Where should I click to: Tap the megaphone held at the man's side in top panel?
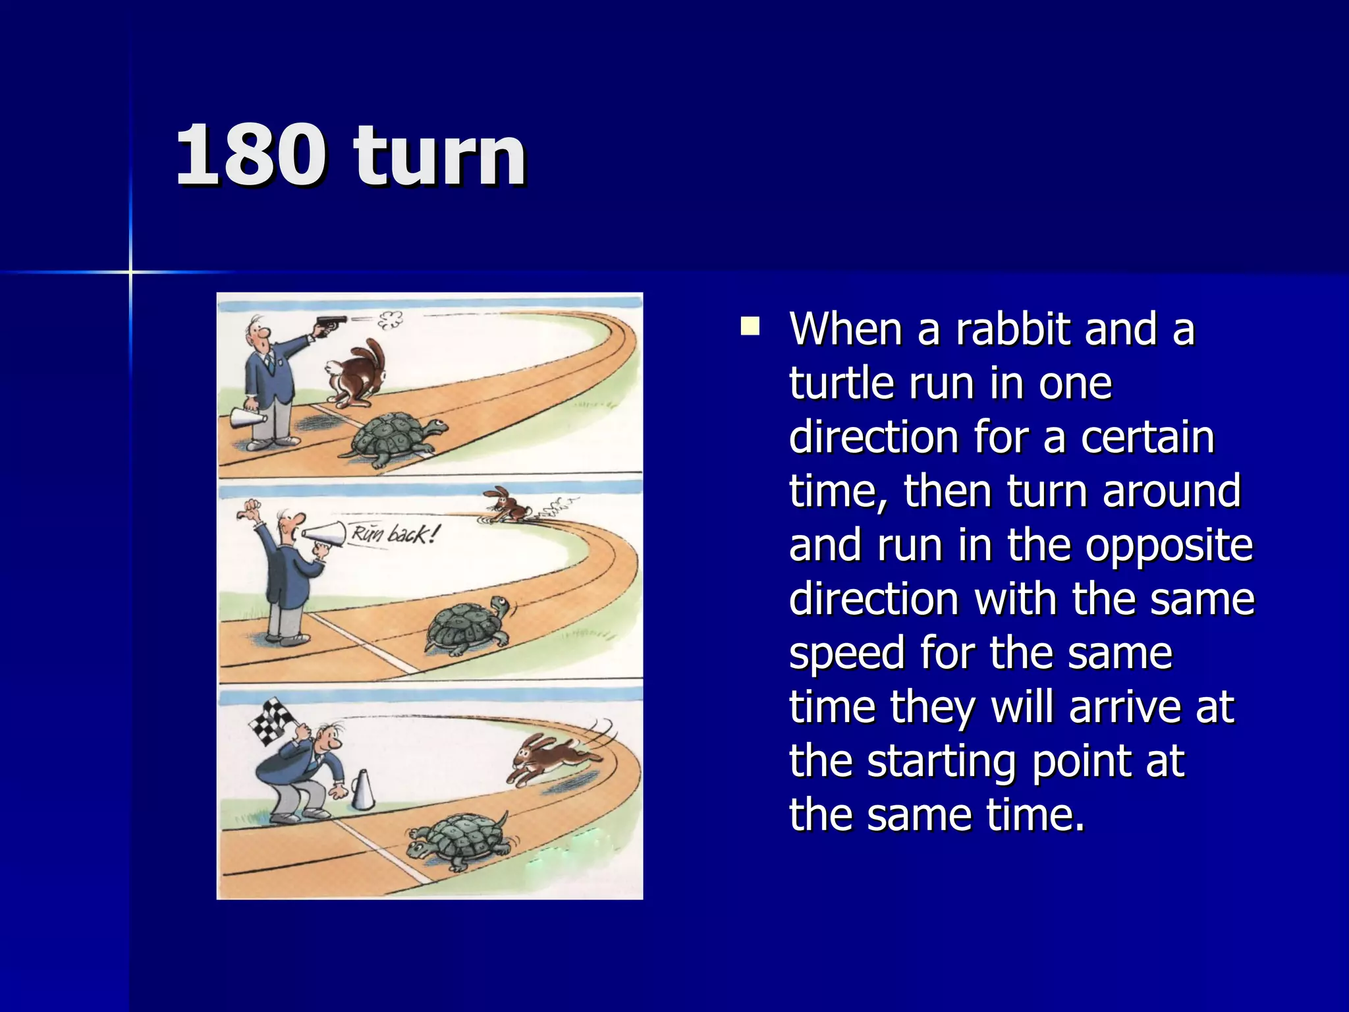coord(246,418)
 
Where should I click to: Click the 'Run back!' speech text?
coord(393,532)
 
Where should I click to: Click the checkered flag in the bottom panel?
coord(273,722)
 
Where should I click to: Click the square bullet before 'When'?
coord(750,327)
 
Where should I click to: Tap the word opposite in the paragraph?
coord(1169,545)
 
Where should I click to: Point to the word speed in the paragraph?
coord(847,653)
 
